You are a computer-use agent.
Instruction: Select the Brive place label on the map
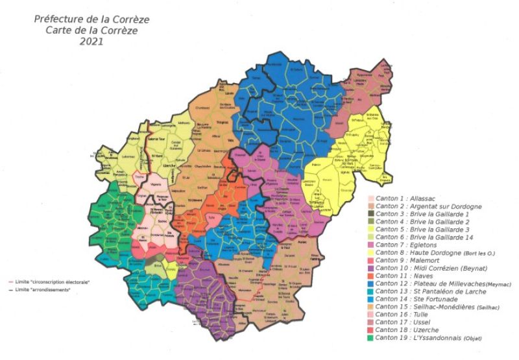coord(157,265)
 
